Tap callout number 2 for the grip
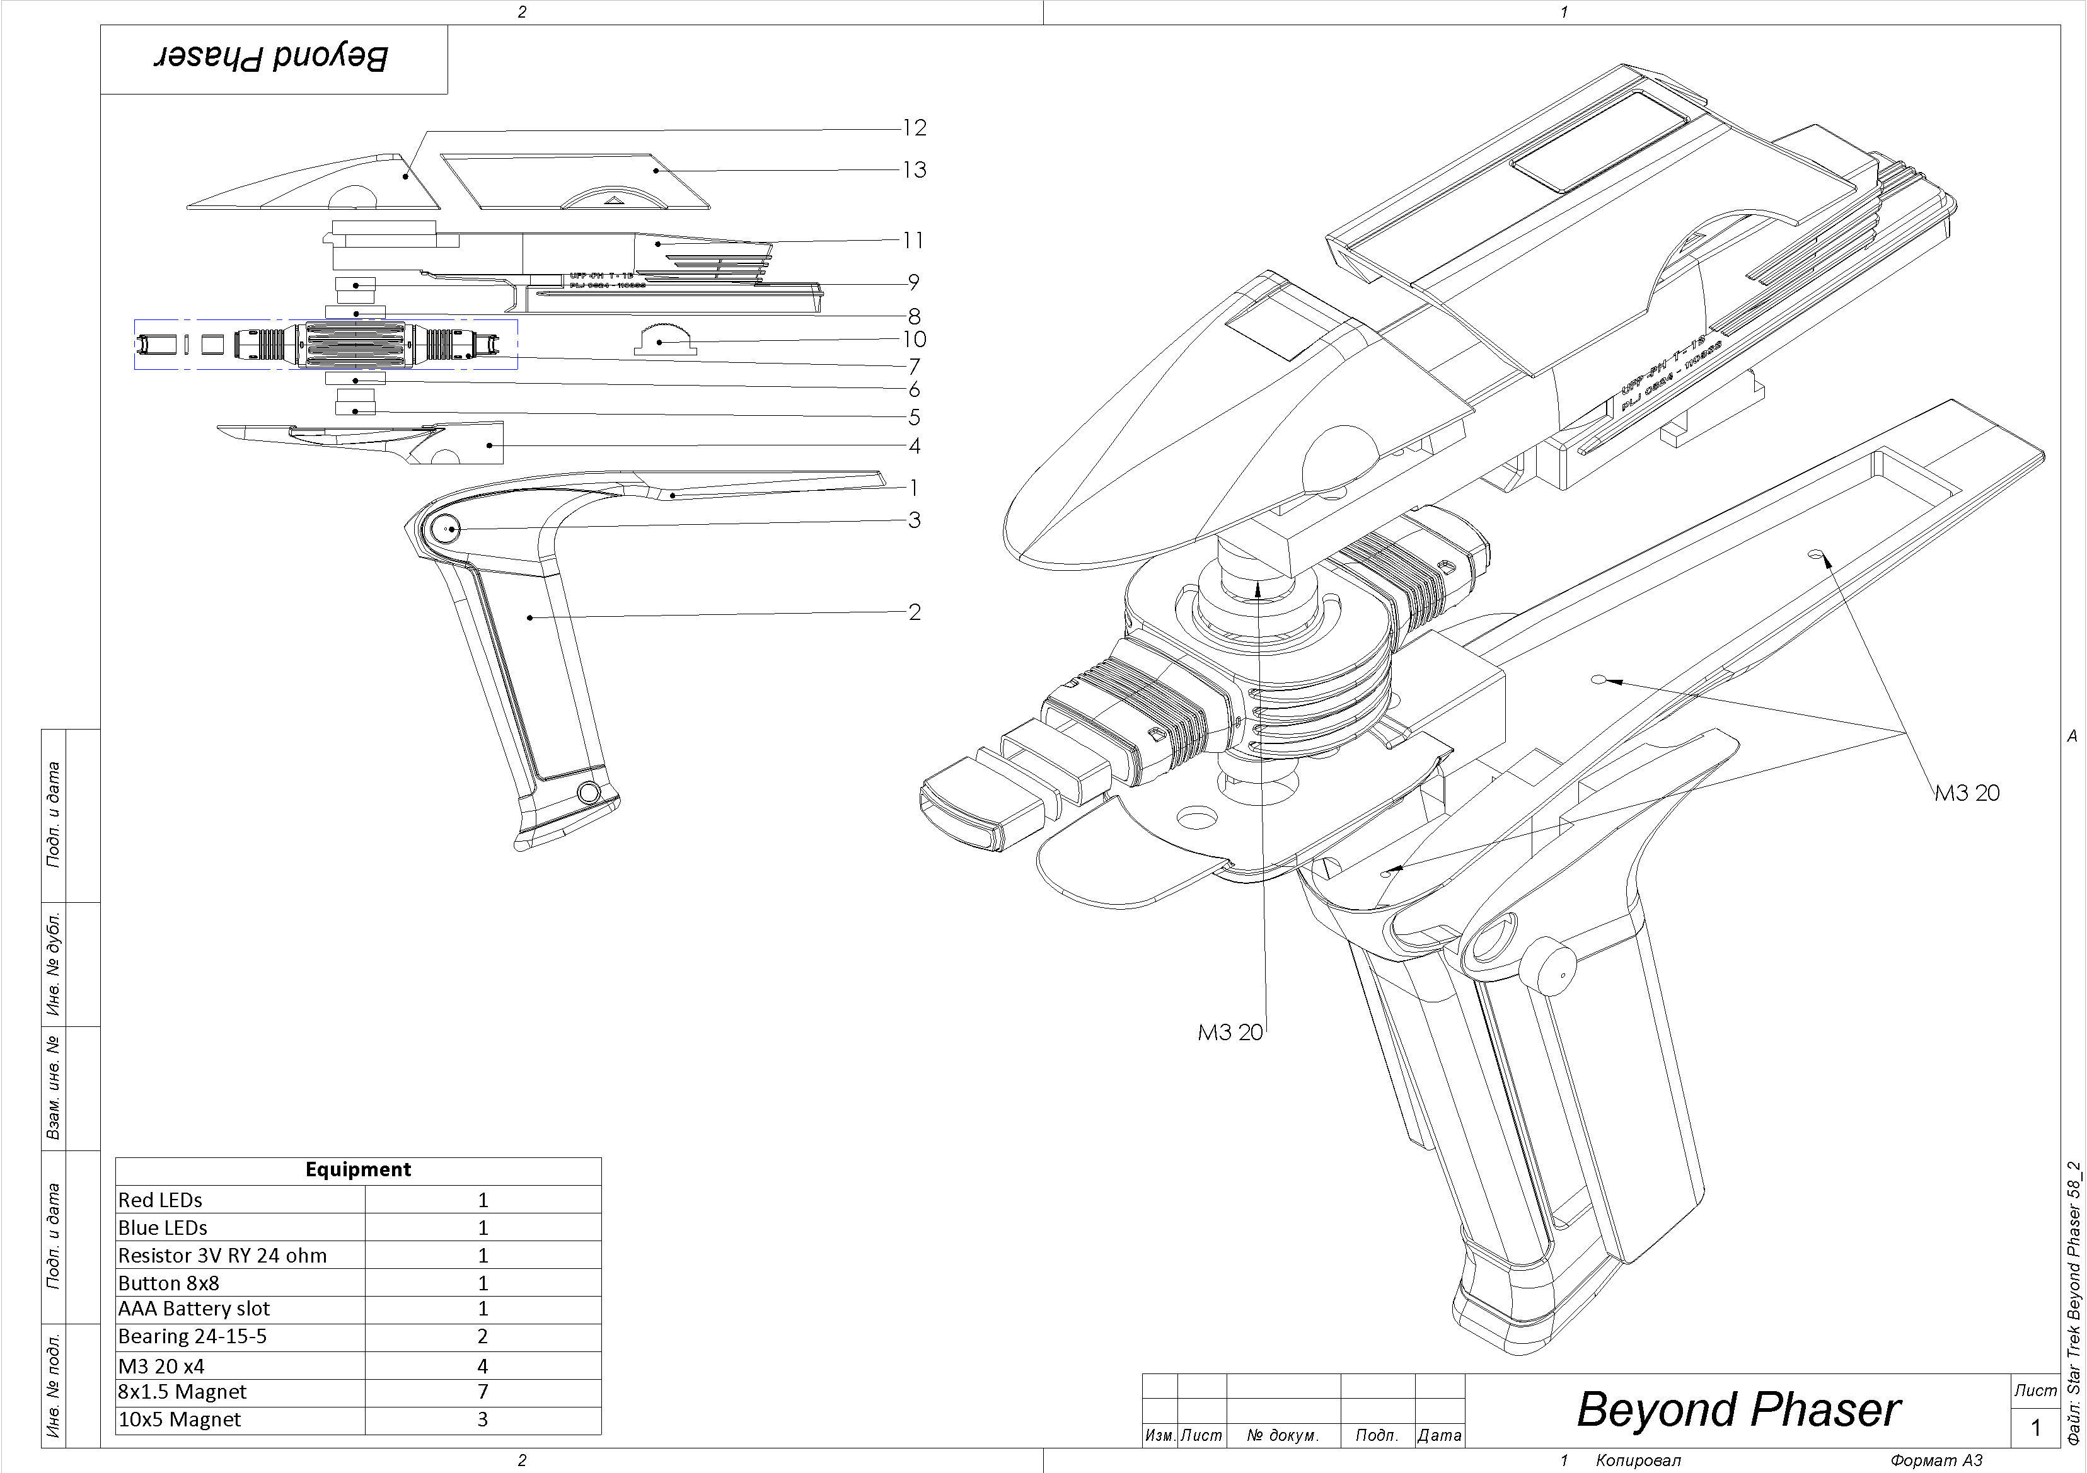click(915, 612)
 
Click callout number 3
click(915, 520)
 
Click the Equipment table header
click(357, 1169)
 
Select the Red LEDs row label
click(161, 1200)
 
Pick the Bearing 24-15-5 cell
click(193, 1337)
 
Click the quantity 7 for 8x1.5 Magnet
click(483, 1392)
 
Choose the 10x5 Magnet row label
click(180, 1419)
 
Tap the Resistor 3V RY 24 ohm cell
click(223, 1256)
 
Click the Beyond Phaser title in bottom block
click(1738, 1410)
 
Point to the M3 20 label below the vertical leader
click(1230, 1032)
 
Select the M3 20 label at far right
click(1966, 793)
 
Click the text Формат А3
click(1936, 1460)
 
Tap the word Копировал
click(1638, 1460)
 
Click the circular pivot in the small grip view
click(446, 529)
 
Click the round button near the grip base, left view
click(588, 793)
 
